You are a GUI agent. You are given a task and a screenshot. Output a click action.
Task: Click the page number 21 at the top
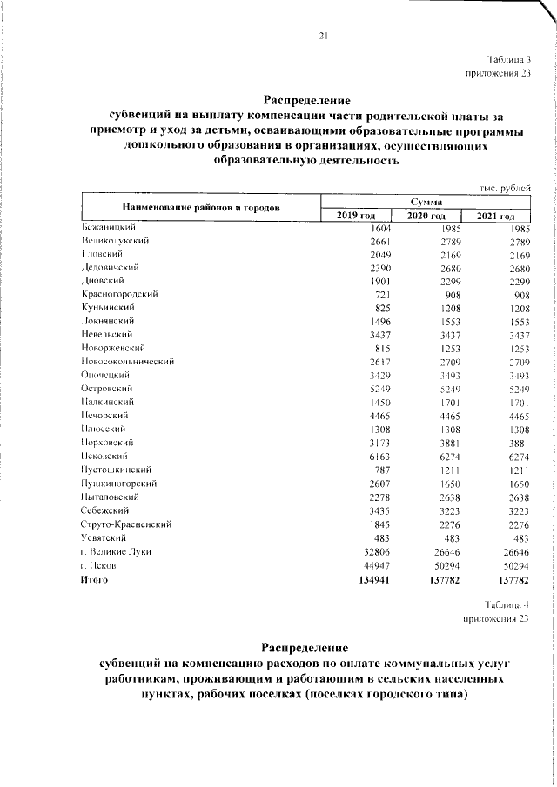click(x=323, y=36)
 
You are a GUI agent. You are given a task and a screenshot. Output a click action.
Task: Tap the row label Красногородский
click(x=118, y=296)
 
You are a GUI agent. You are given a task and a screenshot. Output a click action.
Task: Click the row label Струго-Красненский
click(x=125, y=524)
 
